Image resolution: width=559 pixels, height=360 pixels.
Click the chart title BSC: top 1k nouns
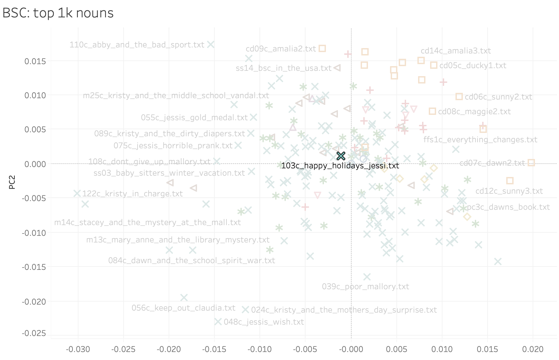(58, 13)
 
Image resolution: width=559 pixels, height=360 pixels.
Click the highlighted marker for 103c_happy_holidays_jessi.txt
(341, 156)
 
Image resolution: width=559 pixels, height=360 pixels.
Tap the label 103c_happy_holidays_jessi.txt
(340, 166)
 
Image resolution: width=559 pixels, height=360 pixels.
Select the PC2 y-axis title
(12, 182)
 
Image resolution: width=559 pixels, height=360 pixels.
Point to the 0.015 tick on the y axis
(35, 61)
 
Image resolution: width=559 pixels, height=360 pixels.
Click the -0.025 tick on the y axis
(34, 333)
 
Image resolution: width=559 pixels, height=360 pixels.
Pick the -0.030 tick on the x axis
(78, 349)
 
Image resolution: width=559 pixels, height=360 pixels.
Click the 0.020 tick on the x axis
(533, 349)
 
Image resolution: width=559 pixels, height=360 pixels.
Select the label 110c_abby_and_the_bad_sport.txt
(137, 45)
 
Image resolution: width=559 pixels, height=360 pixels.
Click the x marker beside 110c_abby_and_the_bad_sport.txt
(210, 44)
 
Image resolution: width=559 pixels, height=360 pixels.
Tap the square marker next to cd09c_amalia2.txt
(322, 48)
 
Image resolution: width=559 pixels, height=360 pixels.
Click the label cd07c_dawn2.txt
(492, 163)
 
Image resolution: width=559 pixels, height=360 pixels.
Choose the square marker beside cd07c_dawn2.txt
(531, 163)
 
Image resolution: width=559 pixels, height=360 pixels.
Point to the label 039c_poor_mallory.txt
(365, 287)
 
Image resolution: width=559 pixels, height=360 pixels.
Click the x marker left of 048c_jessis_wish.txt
(218, 322)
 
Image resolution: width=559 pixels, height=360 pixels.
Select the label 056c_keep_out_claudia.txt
(183, 308)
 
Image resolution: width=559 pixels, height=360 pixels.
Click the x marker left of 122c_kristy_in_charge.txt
(77, 193)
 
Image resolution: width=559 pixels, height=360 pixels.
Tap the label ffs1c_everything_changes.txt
(480, 140)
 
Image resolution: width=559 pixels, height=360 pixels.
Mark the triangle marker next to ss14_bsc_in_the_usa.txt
(337, 68)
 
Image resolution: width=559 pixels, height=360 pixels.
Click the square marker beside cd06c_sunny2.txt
(459, 97)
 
